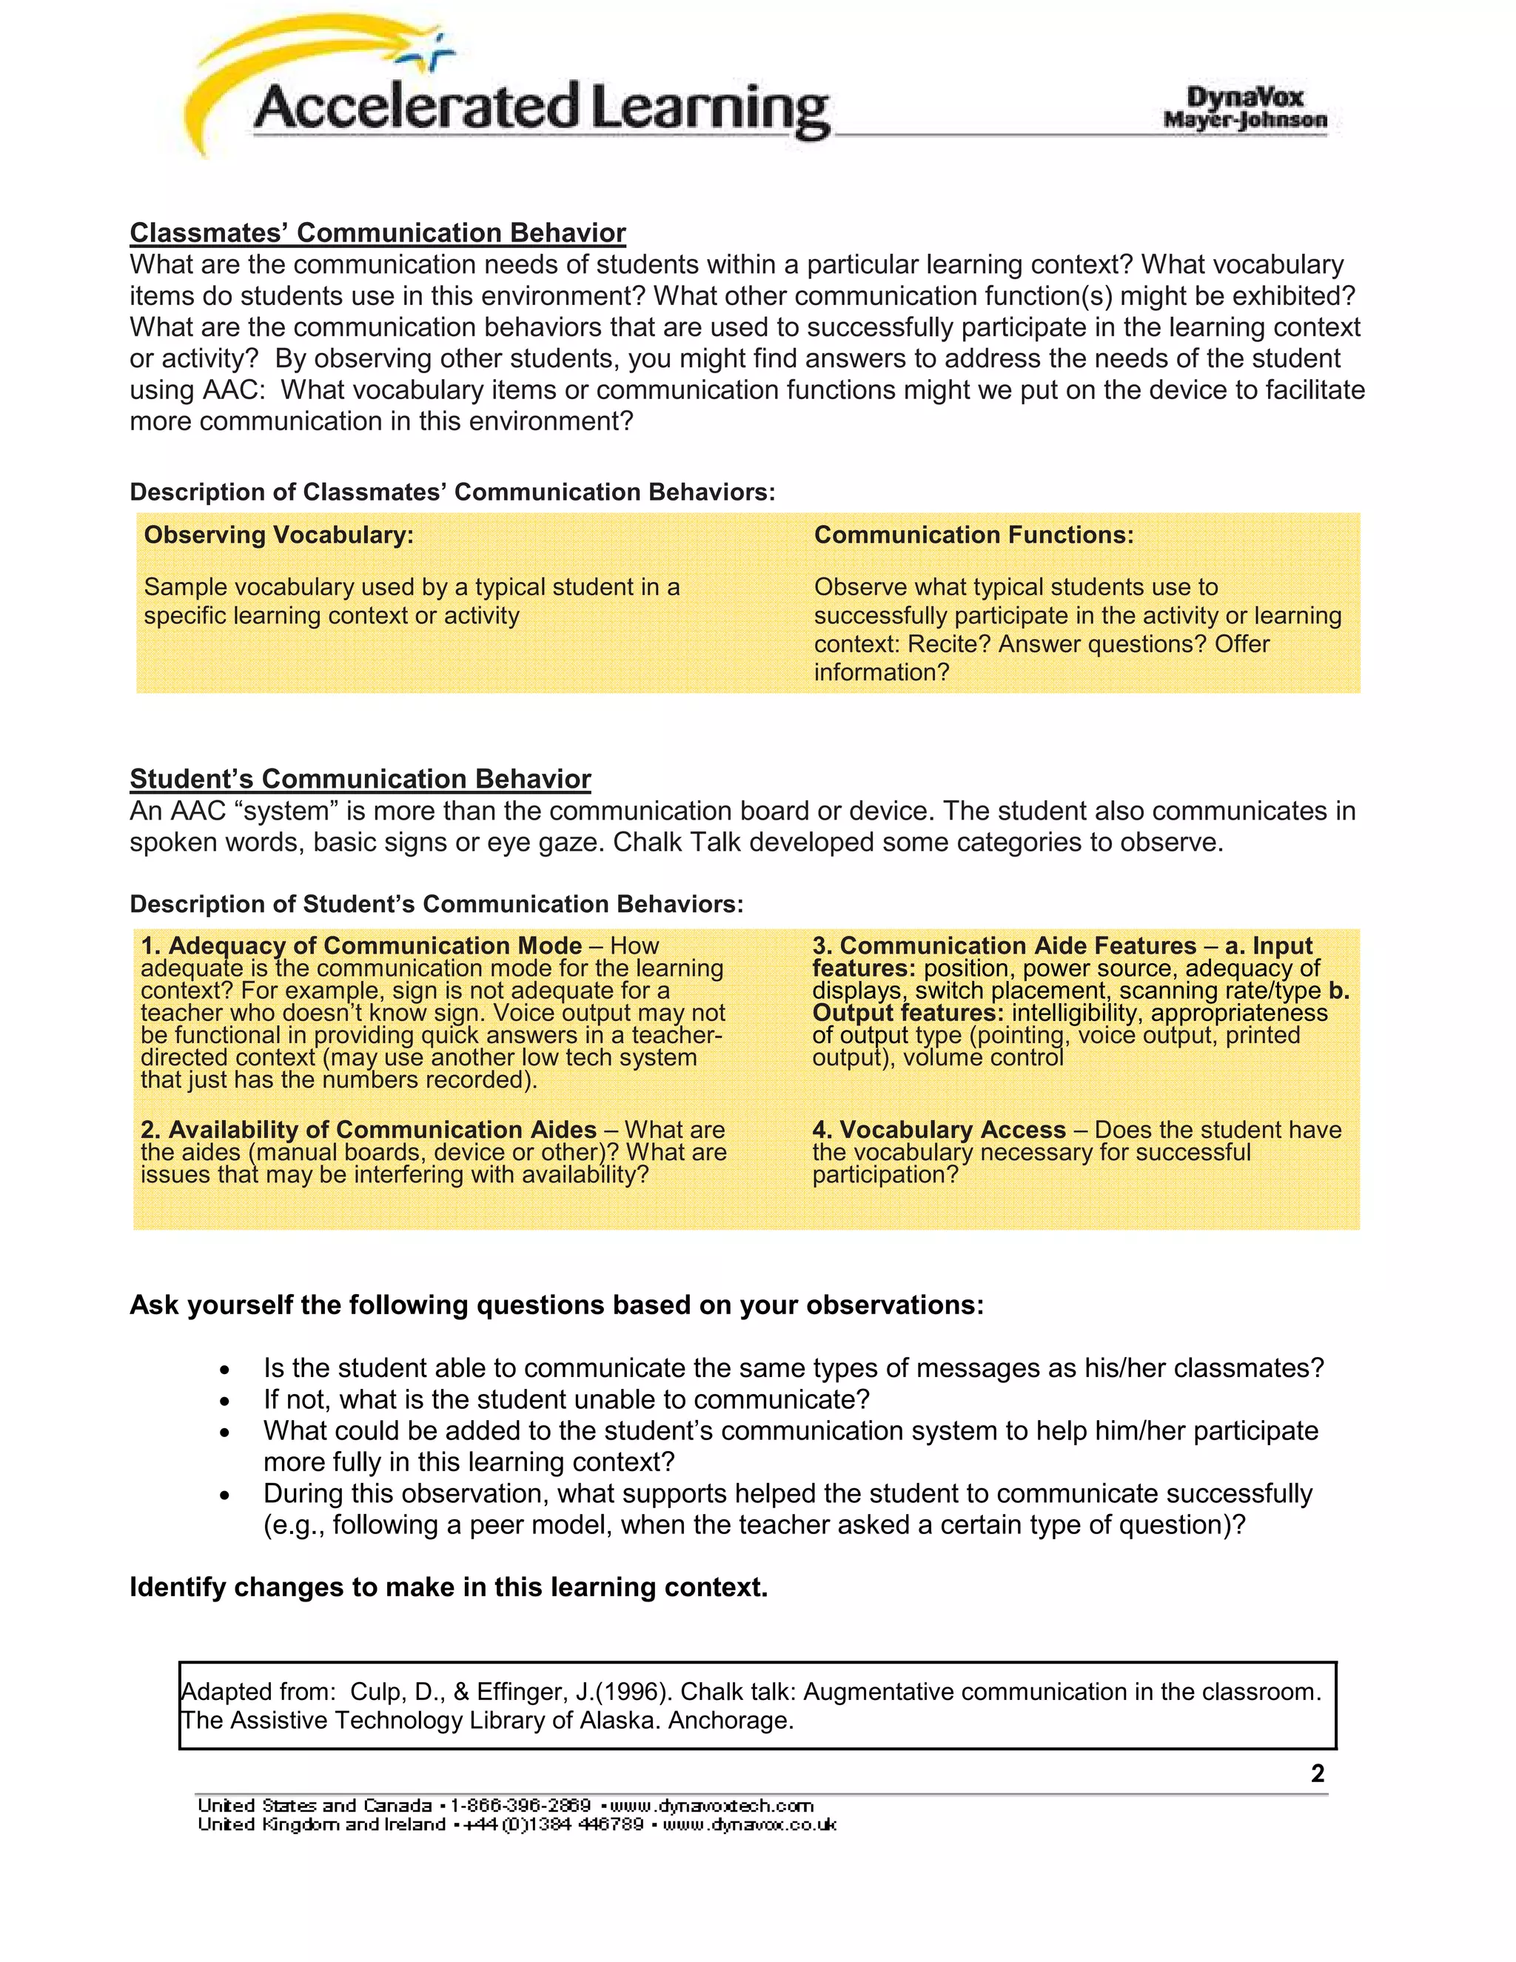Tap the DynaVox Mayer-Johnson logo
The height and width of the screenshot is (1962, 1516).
pyautogui.click(x=1245, y=108)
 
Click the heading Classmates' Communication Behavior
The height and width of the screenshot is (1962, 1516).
pyautogui.click(x=378, y=232)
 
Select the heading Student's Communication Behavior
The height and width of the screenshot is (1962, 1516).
pyautogui.click(x=360, y=779)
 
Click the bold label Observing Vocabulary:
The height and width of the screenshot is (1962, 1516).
pyautogui.click(x=278, y=535)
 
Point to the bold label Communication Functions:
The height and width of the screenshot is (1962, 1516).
pyautogui.click(x=973, y=535)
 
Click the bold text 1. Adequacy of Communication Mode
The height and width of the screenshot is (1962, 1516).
pyautogui.click(x=361, y=946)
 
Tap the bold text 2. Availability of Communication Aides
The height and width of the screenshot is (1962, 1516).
pyautogui.click(x=368, y=1130)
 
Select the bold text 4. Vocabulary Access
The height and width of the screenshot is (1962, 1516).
pyautogui.click(x=939, y=1130)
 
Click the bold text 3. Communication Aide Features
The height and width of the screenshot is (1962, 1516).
pyautogui.click(x=1004, y=946)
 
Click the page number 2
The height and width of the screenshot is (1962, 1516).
pyautogui.click(x=1318, y=1773)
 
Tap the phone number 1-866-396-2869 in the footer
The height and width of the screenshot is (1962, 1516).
pyautogui.click(x=520, y=1806)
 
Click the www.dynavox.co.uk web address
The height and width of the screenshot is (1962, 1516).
pyautogui.click(x=750, y=1824)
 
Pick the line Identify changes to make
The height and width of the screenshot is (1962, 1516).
pyautogui.click(x=448, y=1587)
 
